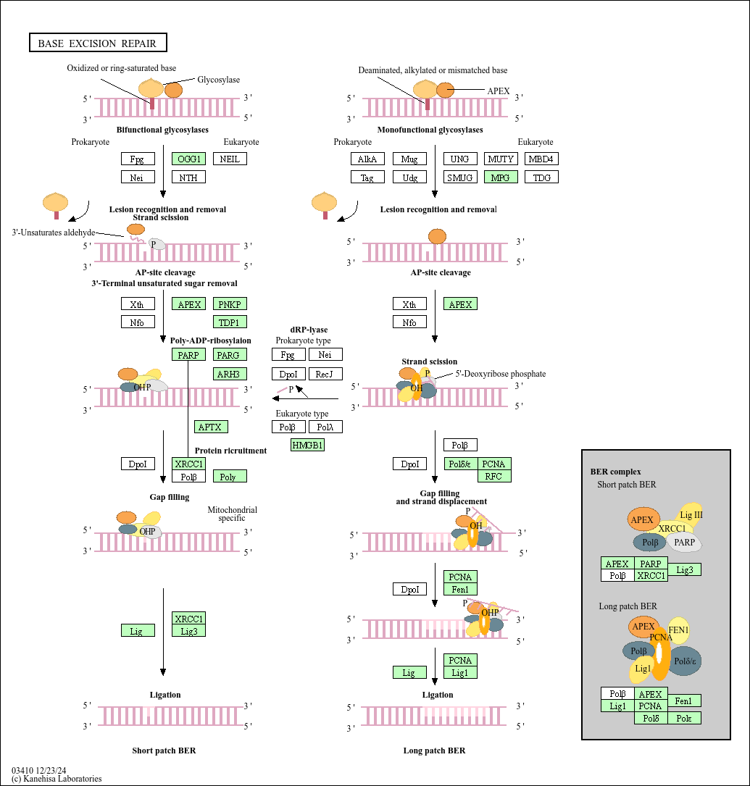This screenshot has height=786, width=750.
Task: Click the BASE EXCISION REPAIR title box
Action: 98,43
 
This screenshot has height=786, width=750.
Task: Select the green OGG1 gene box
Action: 189,159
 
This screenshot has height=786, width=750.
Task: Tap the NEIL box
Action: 230,159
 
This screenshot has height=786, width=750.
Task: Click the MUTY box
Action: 501,159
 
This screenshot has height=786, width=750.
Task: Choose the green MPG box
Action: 501,177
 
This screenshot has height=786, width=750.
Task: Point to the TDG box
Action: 541,177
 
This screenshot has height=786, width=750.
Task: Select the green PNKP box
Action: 230,304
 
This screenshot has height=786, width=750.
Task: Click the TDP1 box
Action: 230,322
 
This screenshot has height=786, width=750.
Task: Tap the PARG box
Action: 230,354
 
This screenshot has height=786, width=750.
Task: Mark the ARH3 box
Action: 230,374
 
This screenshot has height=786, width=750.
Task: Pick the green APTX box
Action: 211,427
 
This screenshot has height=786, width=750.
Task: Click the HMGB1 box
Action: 307,445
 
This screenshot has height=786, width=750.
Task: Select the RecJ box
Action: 325,374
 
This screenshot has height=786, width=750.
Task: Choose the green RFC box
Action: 494,476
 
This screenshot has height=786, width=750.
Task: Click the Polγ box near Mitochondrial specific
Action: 230,476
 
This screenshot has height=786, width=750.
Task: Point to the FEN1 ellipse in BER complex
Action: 679,630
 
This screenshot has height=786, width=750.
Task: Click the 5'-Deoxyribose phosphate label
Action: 500,374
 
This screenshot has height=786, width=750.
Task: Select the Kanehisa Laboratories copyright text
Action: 57,779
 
